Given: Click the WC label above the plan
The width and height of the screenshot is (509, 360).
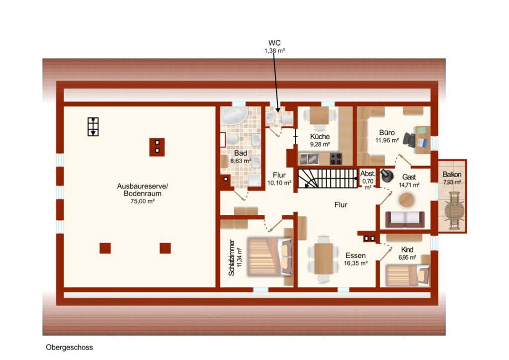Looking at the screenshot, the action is click(274, 43).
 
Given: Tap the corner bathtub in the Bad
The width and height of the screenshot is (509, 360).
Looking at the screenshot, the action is click(234, 115).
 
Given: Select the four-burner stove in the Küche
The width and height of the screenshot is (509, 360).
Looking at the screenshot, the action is click(336, 159).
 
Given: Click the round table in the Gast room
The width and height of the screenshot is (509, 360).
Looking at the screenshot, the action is click(406, 200).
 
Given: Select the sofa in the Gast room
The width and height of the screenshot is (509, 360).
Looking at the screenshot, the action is click(405, 220).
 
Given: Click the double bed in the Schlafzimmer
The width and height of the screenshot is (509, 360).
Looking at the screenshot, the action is click(270, 257).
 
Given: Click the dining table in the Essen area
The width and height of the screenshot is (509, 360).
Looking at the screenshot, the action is click(323, 259).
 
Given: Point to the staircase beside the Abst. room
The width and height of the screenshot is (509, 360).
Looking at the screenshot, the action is click(328, 178).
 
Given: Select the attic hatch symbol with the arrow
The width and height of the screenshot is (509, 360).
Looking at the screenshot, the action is click(93, 127).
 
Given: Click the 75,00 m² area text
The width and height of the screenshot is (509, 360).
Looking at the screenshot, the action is click(142, 201).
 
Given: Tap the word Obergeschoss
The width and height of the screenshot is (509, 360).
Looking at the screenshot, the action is click(70, 348).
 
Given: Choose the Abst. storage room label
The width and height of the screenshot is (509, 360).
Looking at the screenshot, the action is click(368, 174).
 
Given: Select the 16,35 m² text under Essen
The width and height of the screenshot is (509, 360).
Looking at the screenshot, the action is click(356, 263).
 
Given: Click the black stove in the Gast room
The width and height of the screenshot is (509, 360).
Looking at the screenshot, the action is click(386, 176).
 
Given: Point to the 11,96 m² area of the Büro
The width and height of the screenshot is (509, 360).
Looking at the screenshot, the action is click(387, 141).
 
